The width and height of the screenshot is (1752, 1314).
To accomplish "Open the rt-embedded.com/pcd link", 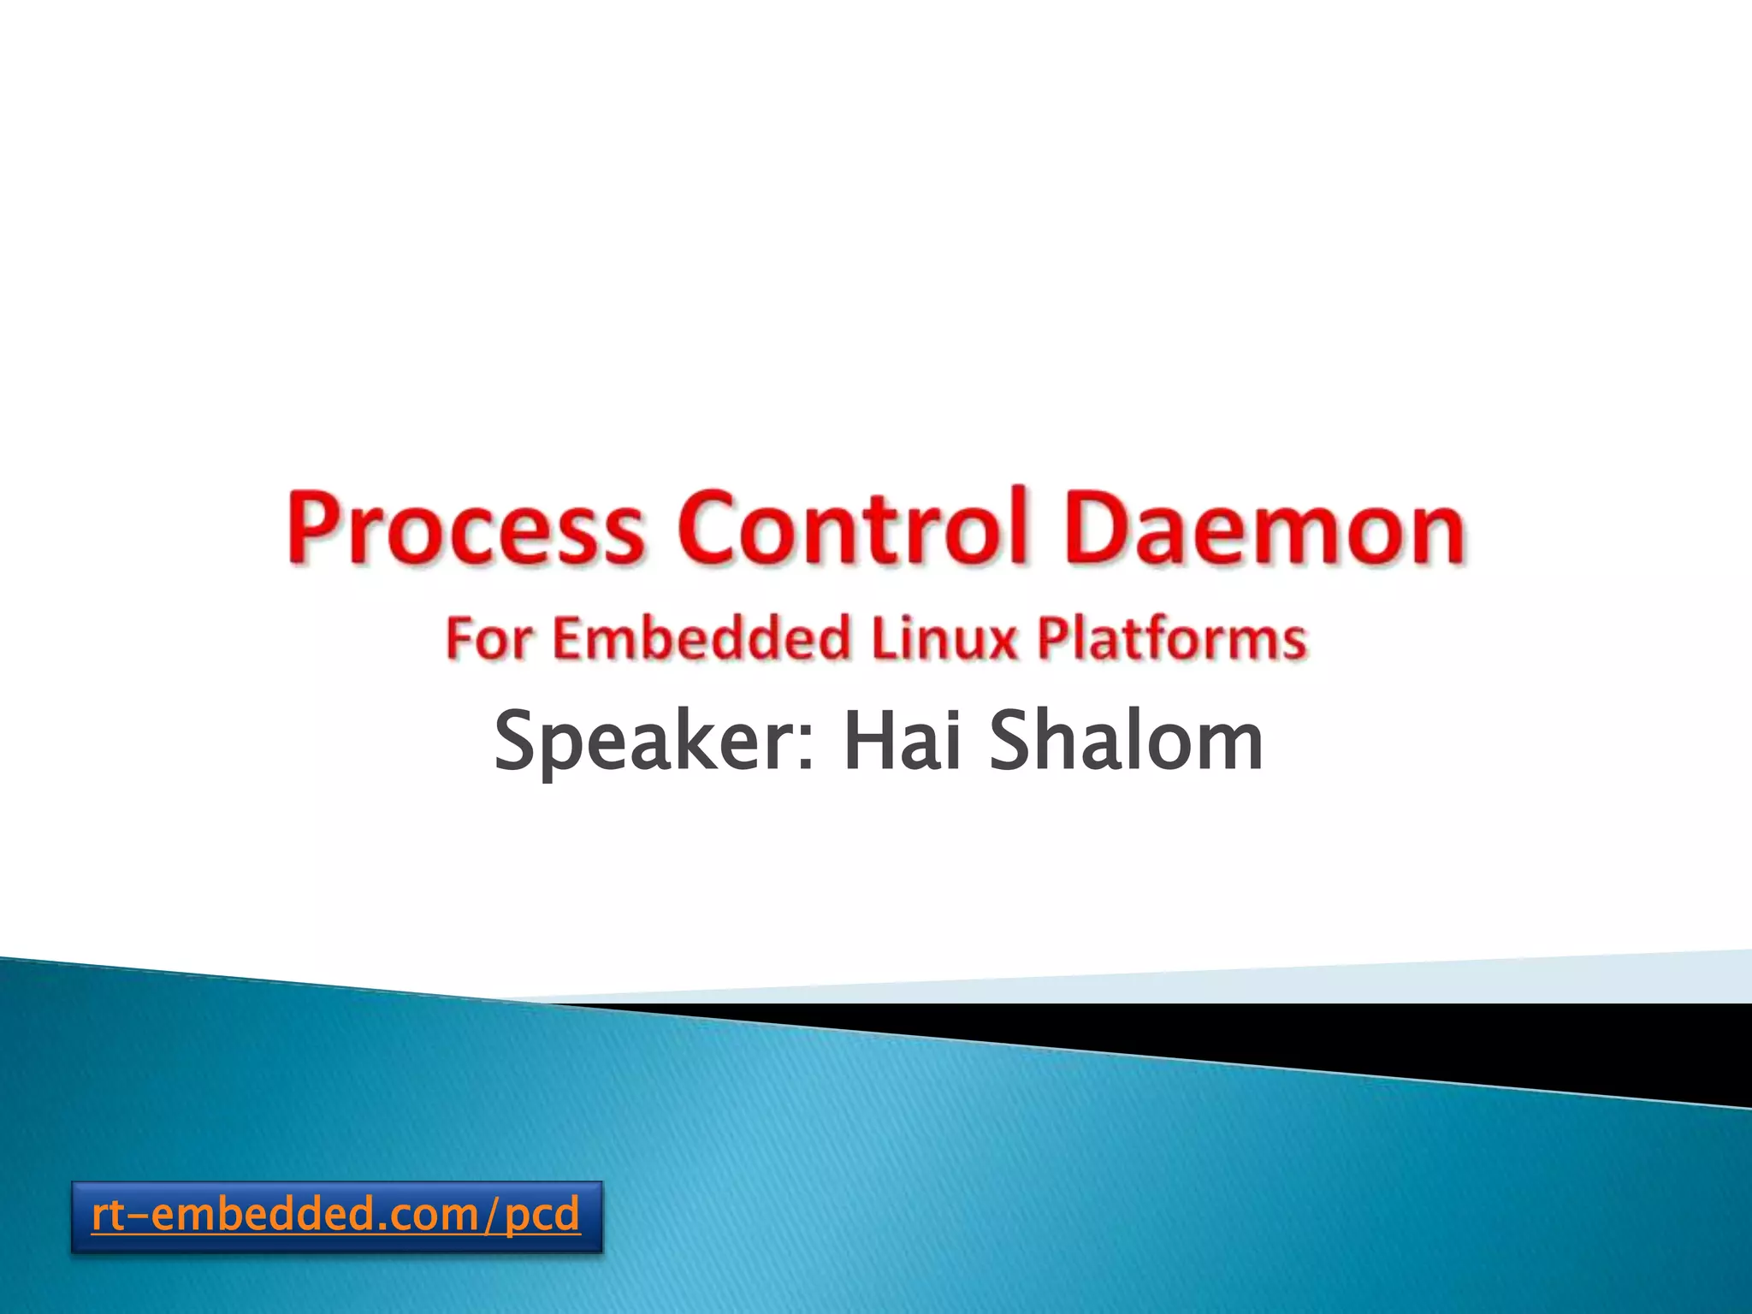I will click(x=336, y=1215).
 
